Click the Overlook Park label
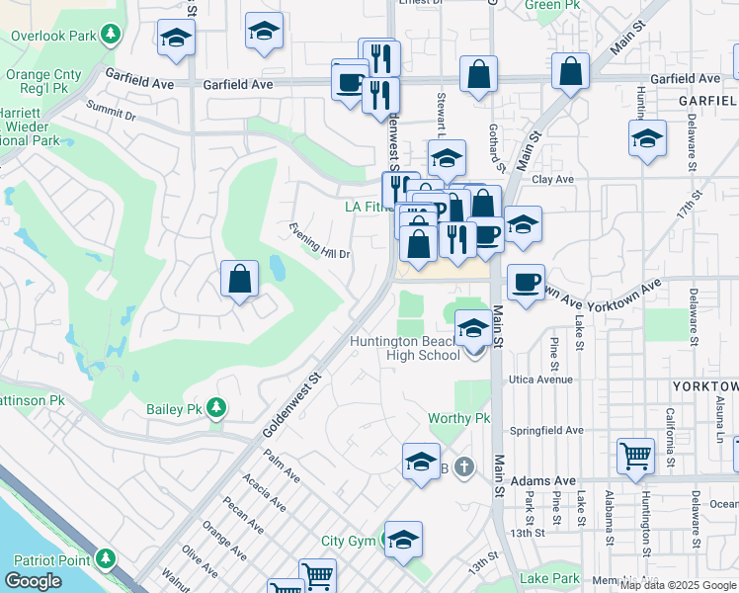click(53, 37)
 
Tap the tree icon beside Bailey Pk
click(214, 408)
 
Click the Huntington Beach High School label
click(406, 349)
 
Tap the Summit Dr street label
click(111, 111)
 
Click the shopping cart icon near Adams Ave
click(635, 457)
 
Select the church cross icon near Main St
click(464, 466)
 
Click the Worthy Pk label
click(458, 418)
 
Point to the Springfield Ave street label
click(545, 431)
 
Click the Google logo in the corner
click(33, 581)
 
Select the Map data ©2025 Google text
click(679, 584)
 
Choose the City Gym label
click(348, 542)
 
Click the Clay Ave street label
click(552, 179)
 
